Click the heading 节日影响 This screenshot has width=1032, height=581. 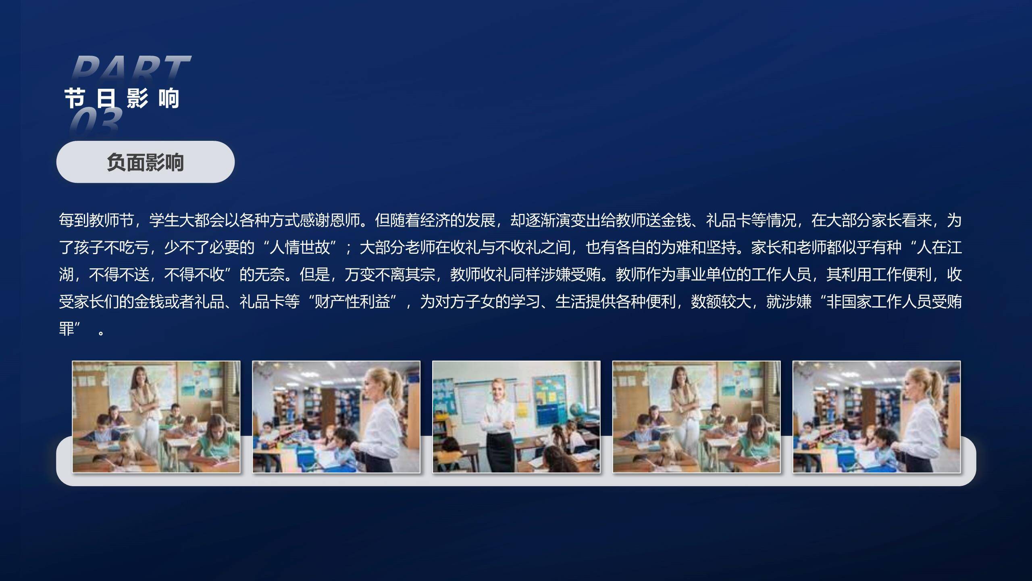[122, 98]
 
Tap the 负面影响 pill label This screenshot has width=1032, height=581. [145, 162]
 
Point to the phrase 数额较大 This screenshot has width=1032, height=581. [721, 301]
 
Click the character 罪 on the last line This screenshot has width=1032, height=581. [67, 328]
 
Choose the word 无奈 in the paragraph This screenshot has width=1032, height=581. [269, 274]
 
